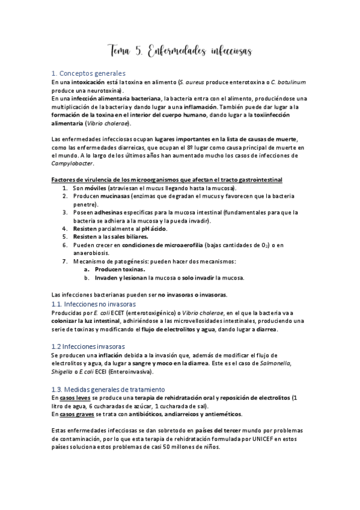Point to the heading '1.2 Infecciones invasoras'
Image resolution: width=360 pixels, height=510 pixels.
point(88,346)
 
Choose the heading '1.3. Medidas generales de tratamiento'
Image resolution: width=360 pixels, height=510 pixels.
point(108,389)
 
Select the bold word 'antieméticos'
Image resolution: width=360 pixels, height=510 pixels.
point(224,414)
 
